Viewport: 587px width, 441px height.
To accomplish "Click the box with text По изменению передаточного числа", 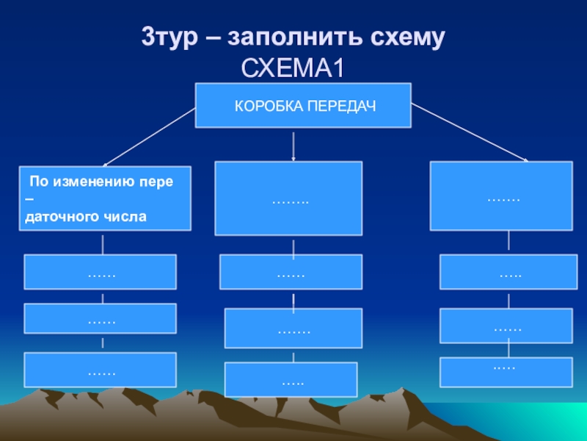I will (x=105, y=198).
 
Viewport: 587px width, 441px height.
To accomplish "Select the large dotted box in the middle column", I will (x=288, y=198).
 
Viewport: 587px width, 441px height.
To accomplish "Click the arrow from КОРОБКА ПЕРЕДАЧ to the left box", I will (x=150, y=136).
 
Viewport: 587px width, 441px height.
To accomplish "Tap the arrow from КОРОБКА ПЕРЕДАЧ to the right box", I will (x=470, y=132).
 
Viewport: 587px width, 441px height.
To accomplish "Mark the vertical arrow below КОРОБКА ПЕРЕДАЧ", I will (x=293, y=146).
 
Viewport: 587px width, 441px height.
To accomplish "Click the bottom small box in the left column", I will (x=100, y=370).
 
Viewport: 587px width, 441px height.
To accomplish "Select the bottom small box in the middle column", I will (x=291, y=380).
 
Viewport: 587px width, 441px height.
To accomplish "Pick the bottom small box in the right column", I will (x=506, y=372).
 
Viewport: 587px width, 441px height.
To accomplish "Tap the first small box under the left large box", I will (x=100, y=272).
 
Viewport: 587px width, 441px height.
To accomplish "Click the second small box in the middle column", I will (x=293, y=328).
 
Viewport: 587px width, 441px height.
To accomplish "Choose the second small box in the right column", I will (x=506, y=326).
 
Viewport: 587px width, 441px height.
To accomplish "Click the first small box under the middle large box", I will (x=291, y=272).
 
